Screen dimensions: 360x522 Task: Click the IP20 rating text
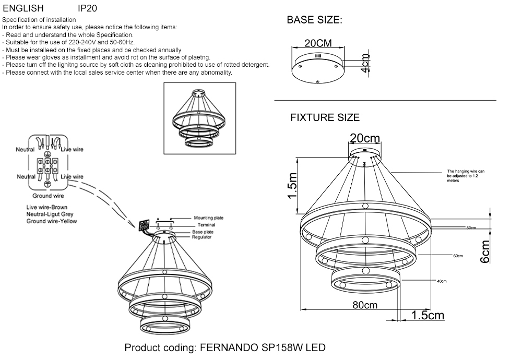87,9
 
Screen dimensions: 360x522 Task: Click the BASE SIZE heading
314,21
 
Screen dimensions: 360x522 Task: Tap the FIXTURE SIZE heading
325,118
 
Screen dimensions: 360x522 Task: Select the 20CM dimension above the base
318,43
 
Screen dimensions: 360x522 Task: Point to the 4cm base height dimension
365,63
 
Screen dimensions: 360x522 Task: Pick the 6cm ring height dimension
485,251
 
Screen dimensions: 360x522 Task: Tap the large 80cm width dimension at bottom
364,305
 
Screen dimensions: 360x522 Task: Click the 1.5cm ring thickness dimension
428,315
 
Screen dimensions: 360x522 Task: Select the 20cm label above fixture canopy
364,138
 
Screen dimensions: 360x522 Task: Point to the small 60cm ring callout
458,256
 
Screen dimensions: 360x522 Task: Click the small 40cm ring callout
442,281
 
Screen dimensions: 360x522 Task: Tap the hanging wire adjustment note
466,176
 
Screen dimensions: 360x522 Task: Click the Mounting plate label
209,218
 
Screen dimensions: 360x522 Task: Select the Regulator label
201,237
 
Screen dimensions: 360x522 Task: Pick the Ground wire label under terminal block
49,196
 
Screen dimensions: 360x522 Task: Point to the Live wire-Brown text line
47,208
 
